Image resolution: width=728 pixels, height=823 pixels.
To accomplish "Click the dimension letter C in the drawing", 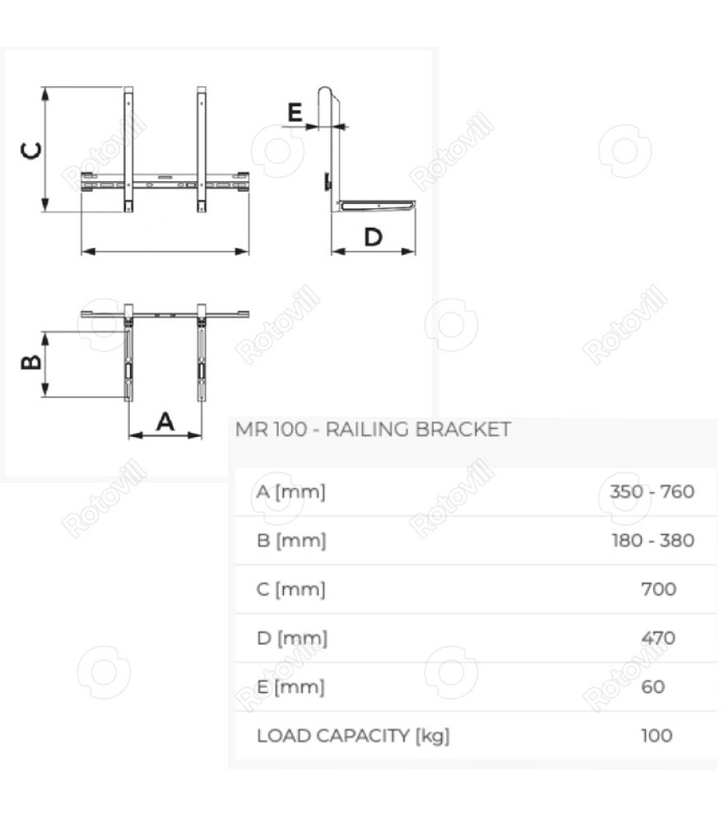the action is click(31, 151).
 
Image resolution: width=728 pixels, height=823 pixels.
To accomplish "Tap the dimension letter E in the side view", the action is click(295, 112).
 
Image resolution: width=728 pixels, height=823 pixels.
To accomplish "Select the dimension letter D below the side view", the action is click(373, 237).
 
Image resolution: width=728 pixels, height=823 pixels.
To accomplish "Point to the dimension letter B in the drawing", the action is click(31, 362).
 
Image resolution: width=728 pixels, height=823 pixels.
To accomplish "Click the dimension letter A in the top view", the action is click(165, 421).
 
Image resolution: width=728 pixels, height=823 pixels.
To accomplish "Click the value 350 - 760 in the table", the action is click(652, 492).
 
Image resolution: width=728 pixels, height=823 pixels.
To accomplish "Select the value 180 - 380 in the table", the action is click(653, 540).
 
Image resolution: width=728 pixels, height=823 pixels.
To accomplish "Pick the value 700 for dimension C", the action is click(659, 589).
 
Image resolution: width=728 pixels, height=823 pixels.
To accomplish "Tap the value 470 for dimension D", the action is click(658, 638).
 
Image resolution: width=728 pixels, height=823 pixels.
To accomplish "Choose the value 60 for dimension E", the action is click(653, 686).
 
